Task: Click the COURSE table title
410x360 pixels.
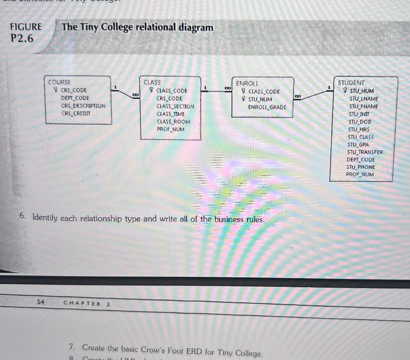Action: pos(59,82)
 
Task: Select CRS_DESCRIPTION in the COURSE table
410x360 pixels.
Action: pos(83,106)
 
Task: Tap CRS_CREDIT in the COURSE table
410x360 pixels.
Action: pos(76,114)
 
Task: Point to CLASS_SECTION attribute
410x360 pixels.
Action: pos(175,106)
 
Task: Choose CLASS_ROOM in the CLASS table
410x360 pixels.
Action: pos(173,122)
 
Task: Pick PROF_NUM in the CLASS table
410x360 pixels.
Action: pos(171,129)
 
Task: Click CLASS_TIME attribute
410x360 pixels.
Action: pos(171,114)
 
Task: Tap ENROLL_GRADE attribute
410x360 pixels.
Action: pos(267,107)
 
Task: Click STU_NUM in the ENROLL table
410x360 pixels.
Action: pos(260,99)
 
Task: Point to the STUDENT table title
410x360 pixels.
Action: pos(351,83)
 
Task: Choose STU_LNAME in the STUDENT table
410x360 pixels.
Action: pos(364,98)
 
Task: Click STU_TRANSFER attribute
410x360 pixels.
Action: pos(365,152)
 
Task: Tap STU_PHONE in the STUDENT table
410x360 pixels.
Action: pos(361,167)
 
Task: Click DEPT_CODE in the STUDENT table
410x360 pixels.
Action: pos(361,160)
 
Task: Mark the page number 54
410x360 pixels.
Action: pos(40,302)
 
